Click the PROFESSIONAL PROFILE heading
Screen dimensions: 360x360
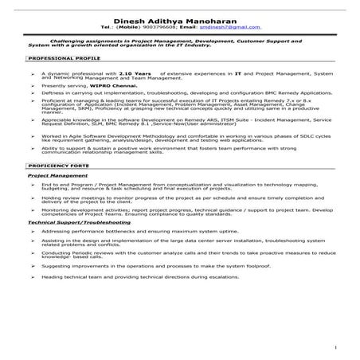click(55, 59)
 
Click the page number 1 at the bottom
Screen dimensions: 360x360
click(338, 348)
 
